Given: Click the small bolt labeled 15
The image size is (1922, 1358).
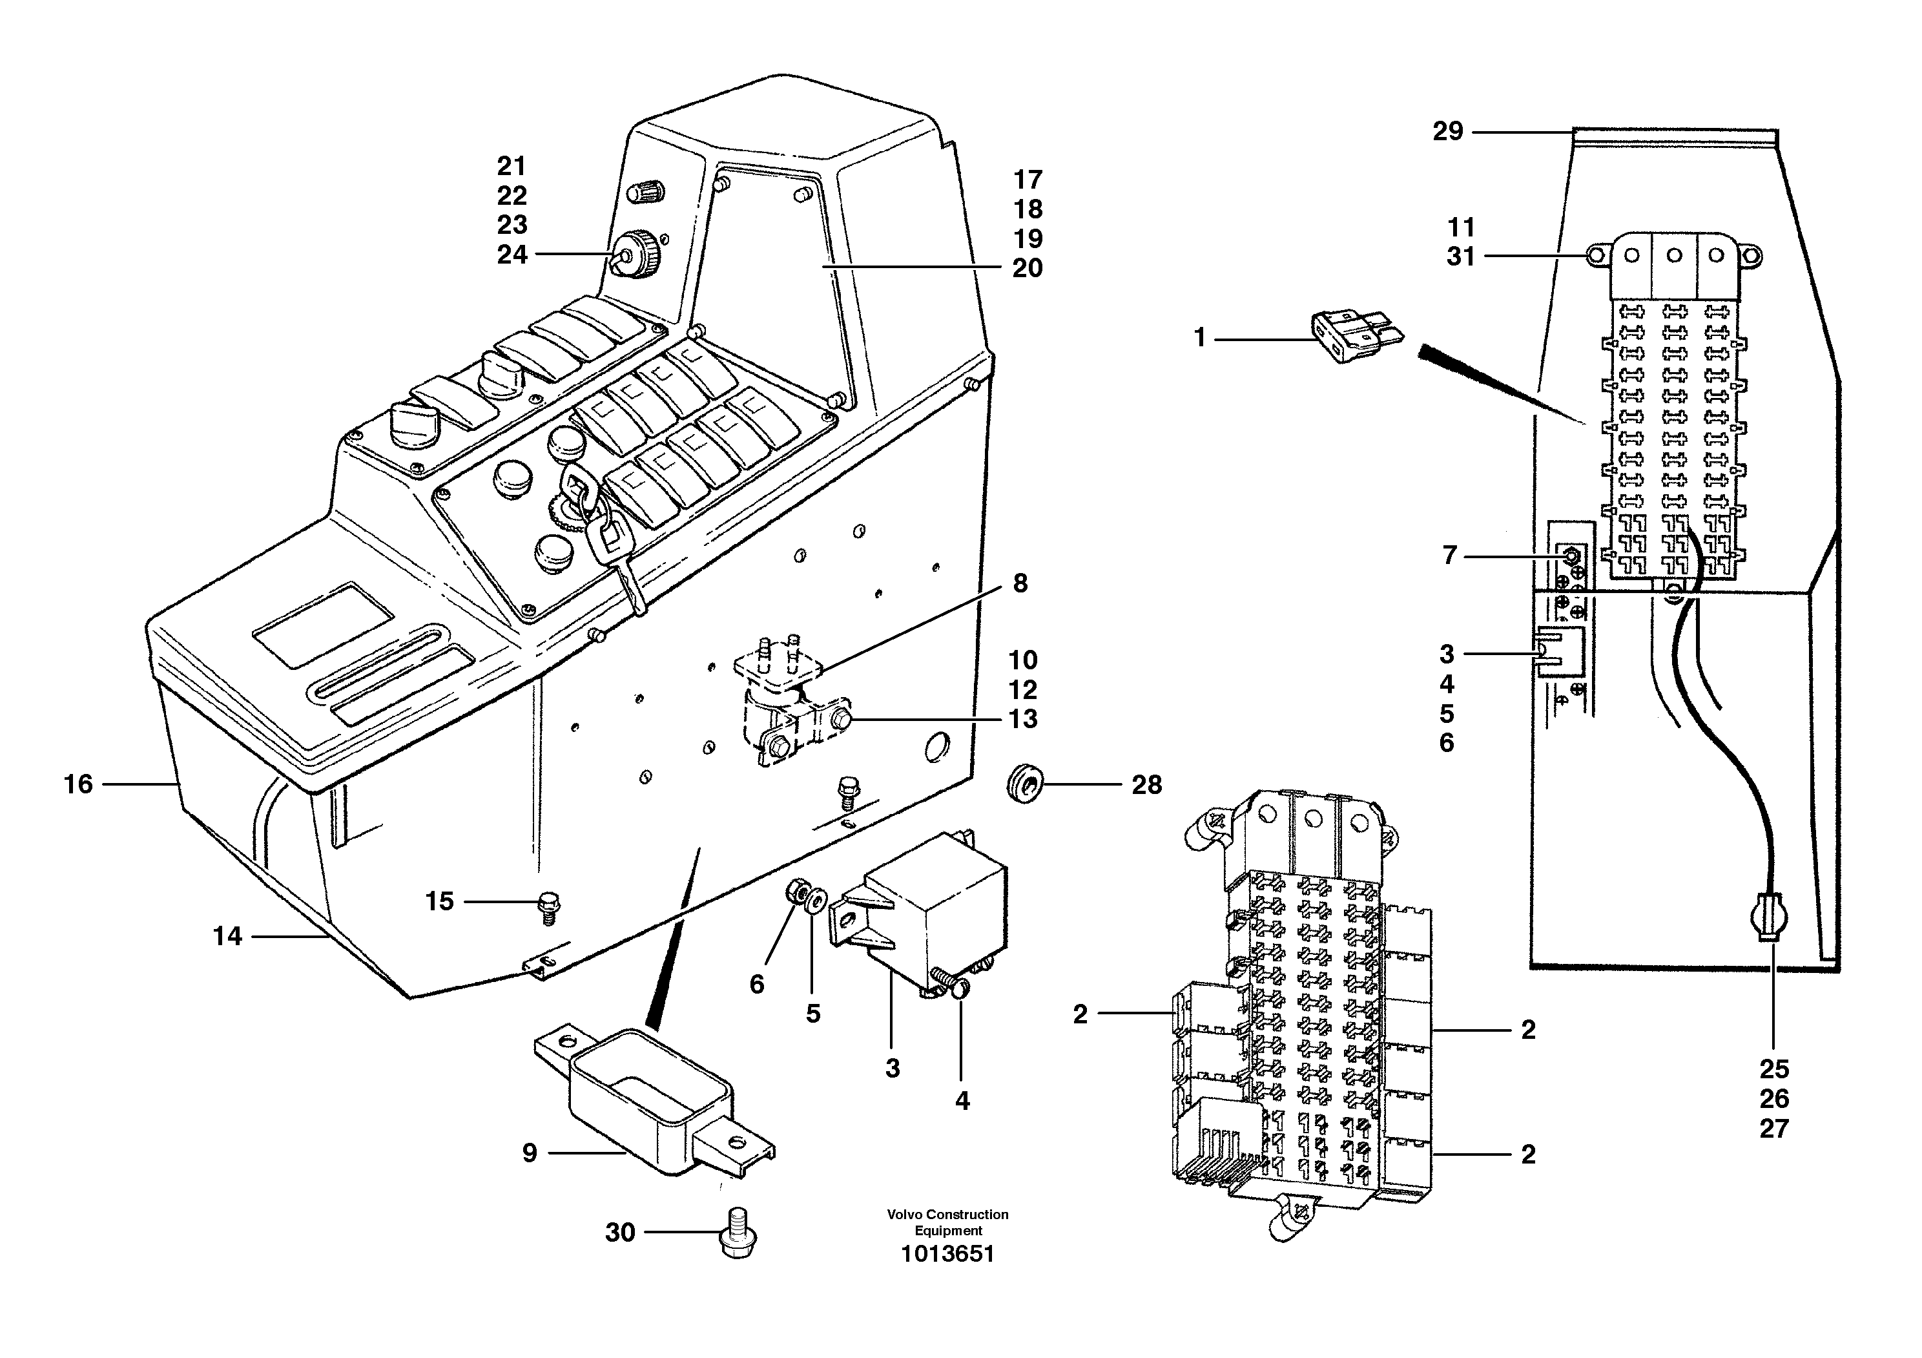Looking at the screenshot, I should (549, 906).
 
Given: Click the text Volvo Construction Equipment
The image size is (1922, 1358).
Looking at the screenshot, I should (947, 1222).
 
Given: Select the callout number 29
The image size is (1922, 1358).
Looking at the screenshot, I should (1447, 131).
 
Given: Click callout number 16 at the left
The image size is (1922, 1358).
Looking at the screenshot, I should (79, 784).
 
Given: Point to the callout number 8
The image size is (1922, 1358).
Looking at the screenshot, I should (1020, 583).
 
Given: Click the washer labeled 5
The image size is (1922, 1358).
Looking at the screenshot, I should (814, 900).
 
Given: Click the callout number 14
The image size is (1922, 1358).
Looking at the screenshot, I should (227, 936).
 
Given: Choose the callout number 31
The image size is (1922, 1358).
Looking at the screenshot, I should (1461, 257).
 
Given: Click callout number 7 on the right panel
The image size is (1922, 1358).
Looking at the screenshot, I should (1450, 555).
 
